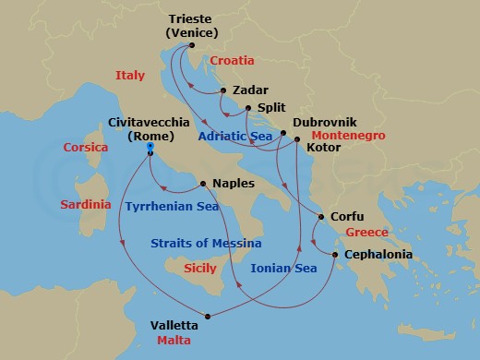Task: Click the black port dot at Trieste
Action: coord(190,45)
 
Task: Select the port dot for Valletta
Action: coord(209,318)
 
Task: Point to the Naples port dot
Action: coord(202,183)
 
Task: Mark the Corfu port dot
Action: coord(320,217)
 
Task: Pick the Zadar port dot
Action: coord(223,91)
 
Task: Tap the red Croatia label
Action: coord(233,60)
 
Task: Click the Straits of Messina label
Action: coord(206,243)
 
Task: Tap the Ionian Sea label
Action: coord(284,269)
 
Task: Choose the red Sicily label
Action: coord(200,267)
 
